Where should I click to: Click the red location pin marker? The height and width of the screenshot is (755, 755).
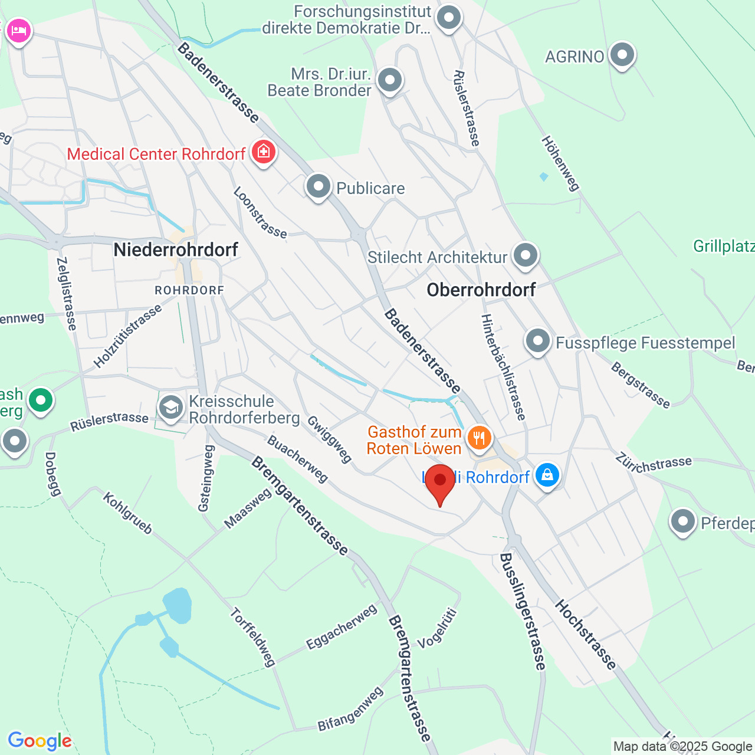(440, 481)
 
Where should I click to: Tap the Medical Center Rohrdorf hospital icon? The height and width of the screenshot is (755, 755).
(263, 152)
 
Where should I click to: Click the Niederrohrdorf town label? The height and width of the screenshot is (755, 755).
(176, 250)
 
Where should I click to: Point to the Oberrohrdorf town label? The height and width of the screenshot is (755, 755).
(481, 290)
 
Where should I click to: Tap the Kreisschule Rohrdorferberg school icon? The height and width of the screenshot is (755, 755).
(171, 408)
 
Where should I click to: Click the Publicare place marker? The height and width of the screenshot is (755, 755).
(319, 186)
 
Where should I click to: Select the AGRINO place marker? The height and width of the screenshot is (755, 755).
(622, 55)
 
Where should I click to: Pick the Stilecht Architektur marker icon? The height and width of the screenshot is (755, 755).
(525, 255)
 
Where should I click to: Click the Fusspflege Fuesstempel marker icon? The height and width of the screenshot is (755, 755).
(537, 341)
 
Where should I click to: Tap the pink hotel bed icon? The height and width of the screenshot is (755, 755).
(18, 30)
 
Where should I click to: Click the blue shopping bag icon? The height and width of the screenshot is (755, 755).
(547, 475)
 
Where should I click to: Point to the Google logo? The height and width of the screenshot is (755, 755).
(40, 741)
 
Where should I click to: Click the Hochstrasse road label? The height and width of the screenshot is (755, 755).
(585, 634)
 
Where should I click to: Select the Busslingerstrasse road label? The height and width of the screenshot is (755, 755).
(523, 612)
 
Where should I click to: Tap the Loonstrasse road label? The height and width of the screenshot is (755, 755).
(260, 212)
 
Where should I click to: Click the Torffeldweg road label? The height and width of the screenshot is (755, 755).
(253, 637)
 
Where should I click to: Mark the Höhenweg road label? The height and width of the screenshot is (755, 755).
(560, 163)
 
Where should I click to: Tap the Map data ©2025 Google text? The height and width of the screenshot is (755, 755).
(682, 747)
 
